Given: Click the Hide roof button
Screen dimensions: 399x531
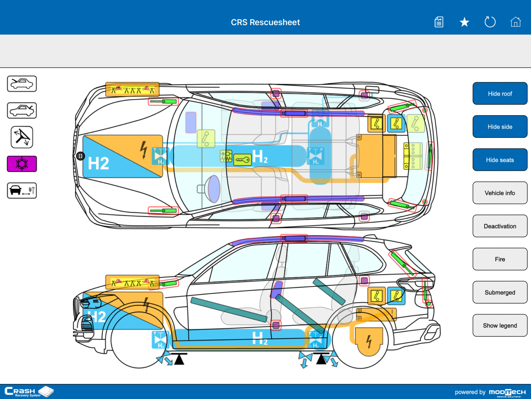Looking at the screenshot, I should point(500,93).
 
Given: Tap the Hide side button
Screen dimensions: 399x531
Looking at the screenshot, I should point(500,127).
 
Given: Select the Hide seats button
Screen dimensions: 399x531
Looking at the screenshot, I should point(500,160).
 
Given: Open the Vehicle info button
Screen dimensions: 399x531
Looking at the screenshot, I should point(500,193).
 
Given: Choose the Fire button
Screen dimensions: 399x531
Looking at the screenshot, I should point(500,259).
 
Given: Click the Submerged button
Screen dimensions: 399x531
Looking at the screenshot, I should point(500,292).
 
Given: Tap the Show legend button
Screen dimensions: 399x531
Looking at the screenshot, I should point(500,325).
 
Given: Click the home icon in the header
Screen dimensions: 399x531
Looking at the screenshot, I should point(515,22).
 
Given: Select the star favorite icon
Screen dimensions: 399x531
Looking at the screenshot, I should point(464,22).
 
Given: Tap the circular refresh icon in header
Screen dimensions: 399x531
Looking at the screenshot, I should point(490,22).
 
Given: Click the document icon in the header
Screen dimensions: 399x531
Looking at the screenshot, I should point(439,22).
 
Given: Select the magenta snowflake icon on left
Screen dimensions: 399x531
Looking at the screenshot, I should point(22,164).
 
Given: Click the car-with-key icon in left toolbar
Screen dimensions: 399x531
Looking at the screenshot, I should point(22,190).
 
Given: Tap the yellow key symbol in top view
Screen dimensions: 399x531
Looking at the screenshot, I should point(242,160).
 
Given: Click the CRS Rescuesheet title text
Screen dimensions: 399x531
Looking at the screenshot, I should point(265,22).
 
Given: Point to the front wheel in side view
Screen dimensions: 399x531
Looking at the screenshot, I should point(138,340).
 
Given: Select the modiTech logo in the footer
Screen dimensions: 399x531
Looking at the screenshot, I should point(507,392).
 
